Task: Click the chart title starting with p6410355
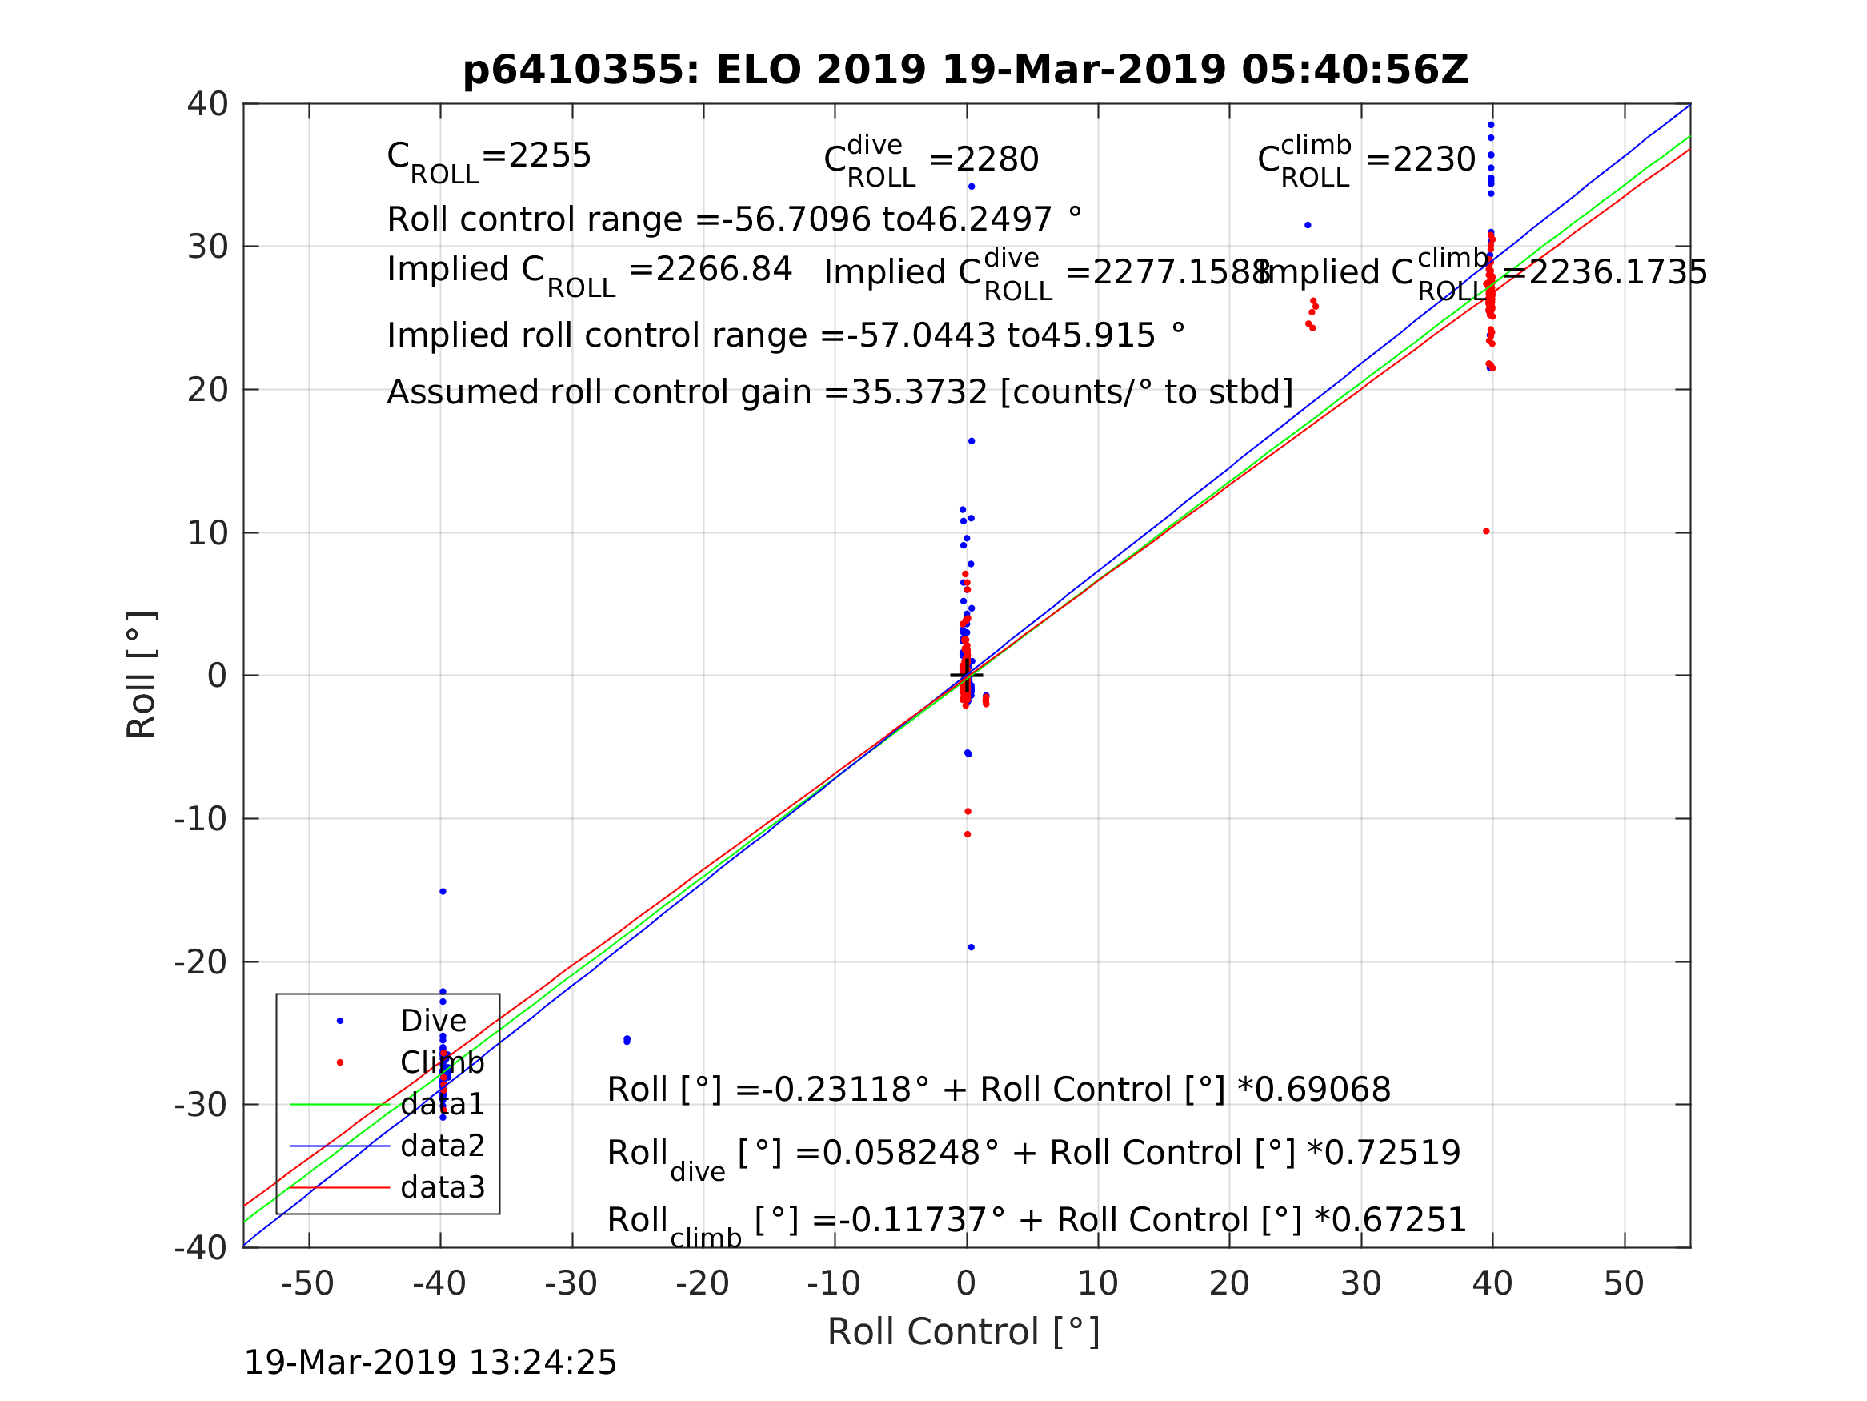966,70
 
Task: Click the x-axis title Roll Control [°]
963,1332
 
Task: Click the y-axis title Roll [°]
142,675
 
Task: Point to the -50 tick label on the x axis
307,1283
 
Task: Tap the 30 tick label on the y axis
207,247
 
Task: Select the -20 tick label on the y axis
201,961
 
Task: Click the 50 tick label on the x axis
1623,1283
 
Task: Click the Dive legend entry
432,1021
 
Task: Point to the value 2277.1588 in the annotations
1168,273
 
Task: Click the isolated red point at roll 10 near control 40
1485,532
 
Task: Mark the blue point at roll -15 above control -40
443,892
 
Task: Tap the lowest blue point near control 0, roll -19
971,948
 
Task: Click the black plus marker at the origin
967,676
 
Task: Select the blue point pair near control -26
627,1041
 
